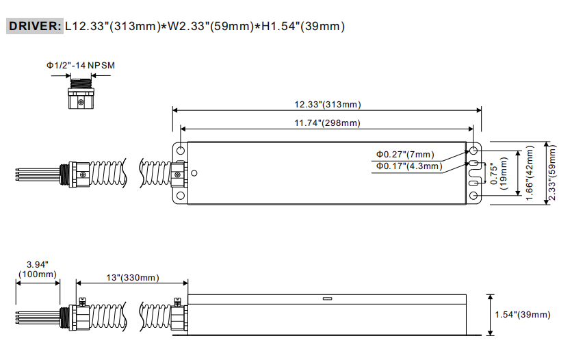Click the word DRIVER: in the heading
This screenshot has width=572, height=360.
(x=35, y=26)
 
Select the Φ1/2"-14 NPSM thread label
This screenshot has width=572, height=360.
(x=81, y=65)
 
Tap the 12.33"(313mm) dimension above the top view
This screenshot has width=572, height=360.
(x=328, y=104)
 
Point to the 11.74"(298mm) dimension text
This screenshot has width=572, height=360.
(x=327, y=123)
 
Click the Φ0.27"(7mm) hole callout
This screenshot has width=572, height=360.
(x=405, y=154)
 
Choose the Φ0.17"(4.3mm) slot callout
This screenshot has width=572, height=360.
(x=409, y=166)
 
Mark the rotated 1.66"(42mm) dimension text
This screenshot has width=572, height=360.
(x=530, y=173)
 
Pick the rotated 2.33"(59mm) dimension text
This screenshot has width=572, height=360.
(x=552, y=173)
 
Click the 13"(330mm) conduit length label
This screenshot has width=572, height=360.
(x=133, y=278)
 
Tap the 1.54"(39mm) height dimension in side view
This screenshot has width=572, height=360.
(x=522, y=314)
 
